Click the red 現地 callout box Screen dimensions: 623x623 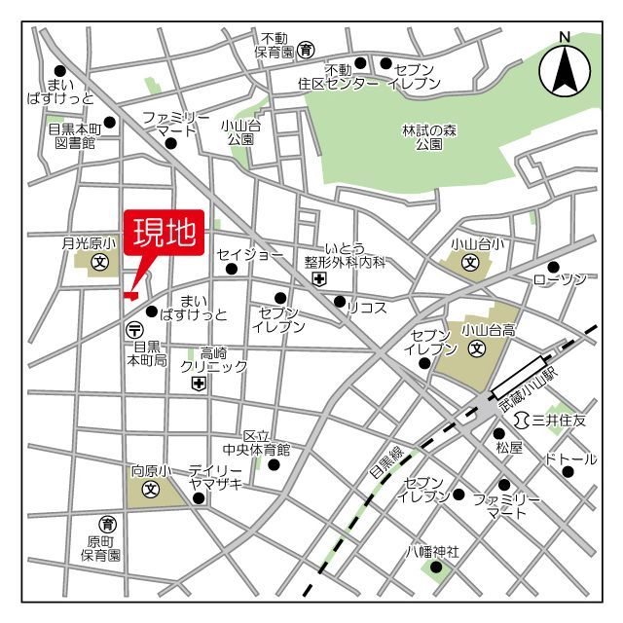pyautogui.click(x=164, y=234)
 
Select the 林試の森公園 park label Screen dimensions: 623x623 pyautogui.click(x=429, y=137)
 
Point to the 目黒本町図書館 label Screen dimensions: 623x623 pyautogui.click(x=74, y=134)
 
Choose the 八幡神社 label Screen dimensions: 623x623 pyautogui.click(x=432, y=551)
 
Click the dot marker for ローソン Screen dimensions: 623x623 pyautogui.click(x=553, y=267)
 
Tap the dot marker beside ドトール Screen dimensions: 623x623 pyautogui.click(x=567, y=471)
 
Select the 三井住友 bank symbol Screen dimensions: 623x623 pyautogui.click(x=522, y=420)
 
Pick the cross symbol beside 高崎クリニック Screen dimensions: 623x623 pyautogui.click(x=199, y=385)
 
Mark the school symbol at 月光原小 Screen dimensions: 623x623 pyautogui.click(x=99, y=262)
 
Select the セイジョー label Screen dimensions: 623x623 pyautogui.click(x=250, y=254)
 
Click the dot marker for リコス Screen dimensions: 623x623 pyautogui.click(x=339, y=302)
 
